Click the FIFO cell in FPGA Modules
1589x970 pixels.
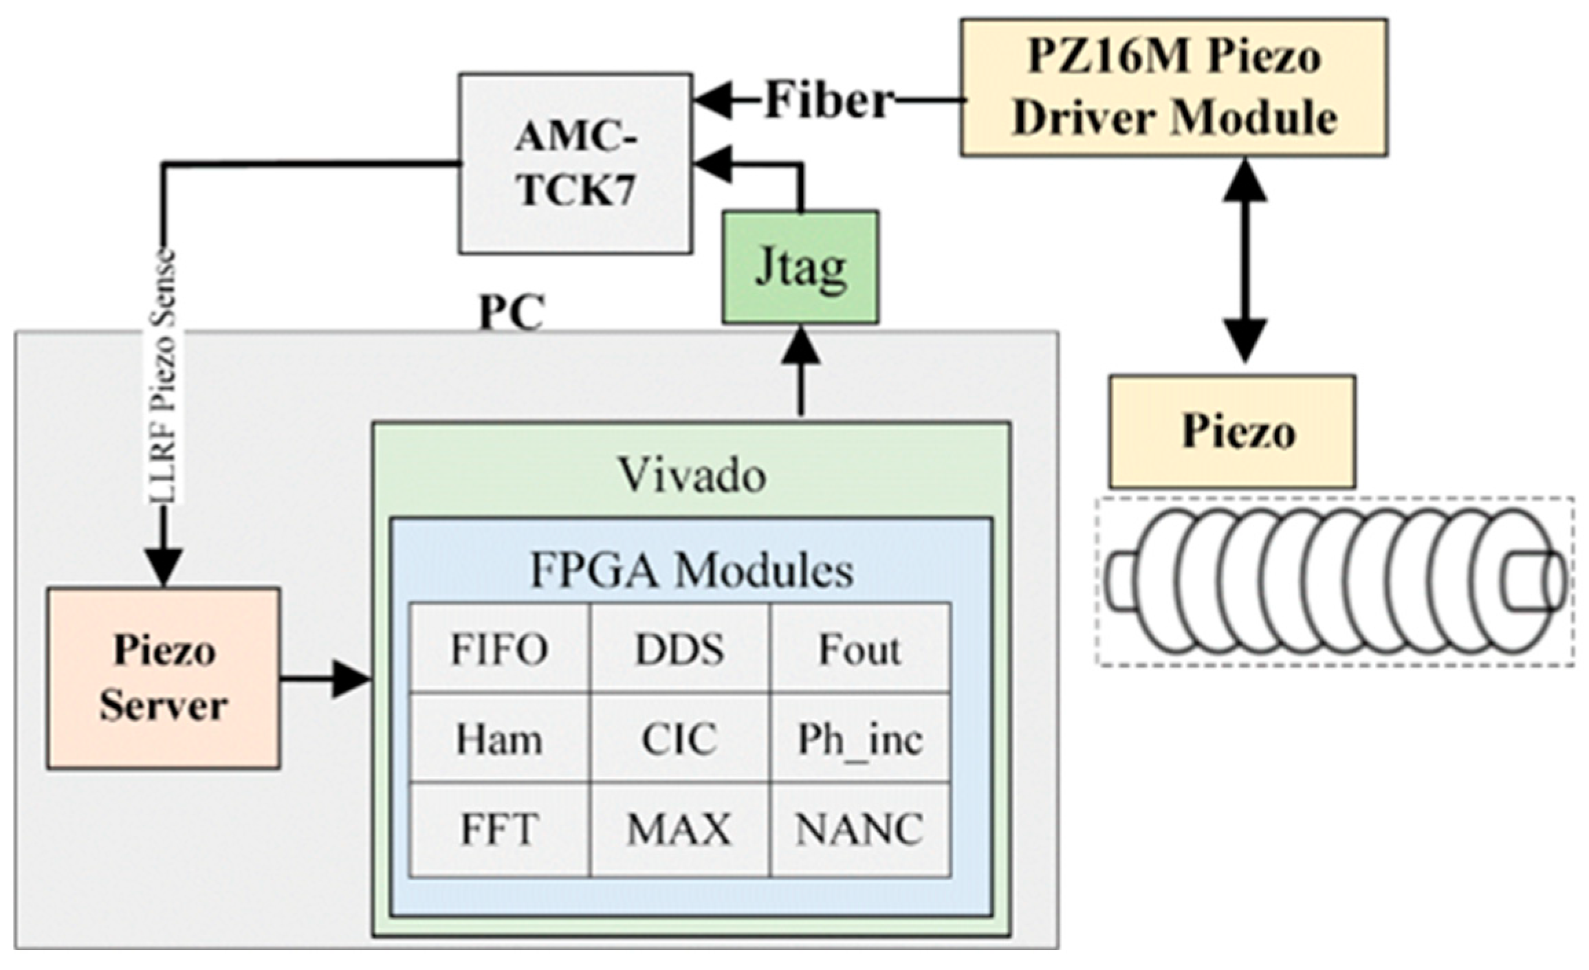pos(499,649)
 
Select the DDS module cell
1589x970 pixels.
pos(679,649)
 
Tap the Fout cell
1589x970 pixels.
pos(860,649)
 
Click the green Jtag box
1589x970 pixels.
pos(800,267)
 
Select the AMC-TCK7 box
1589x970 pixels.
pos(576,164)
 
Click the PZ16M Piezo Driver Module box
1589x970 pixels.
pos(1174,88)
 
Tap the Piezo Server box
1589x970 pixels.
pos(164,678)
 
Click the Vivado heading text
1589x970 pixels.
pos(692,475)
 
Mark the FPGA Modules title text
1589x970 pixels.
pos(692,570)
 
